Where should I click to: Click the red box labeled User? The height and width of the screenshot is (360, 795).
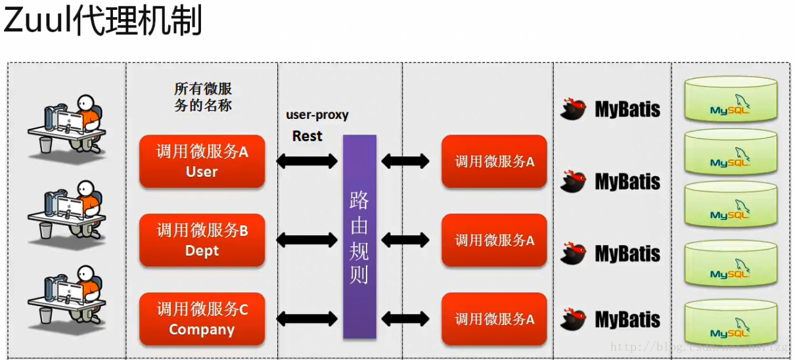tap(202, 162)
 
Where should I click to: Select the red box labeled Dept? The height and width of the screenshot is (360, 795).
tap(202, 240)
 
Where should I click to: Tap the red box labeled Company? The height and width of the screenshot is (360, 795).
tap(202, 319)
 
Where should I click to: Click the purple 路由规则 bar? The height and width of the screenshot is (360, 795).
tap(359, 236)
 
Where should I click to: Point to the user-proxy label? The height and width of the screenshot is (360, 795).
tap(317, 115)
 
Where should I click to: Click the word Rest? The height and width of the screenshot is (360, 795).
tap(307, 136)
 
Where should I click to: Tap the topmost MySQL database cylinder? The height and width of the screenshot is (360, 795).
tap(730, 99)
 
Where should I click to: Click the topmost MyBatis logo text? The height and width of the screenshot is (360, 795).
tap(627, 109)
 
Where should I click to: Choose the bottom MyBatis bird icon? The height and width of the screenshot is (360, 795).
tap(574, 319)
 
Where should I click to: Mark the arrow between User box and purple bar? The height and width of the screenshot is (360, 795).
tap(307, 160)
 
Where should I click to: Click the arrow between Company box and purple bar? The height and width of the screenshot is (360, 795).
tap(307, 319)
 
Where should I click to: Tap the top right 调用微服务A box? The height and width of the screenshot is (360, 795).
tap(494, 162)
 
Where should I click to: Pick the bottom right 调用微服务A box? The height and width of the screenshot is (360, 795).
tap(494, 319)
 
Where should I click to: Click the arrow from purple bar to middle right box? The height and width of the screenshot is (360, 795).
tap(405, 240)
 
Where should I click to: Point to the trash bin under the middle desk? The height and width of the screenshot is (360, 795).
tap(45, 230)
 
